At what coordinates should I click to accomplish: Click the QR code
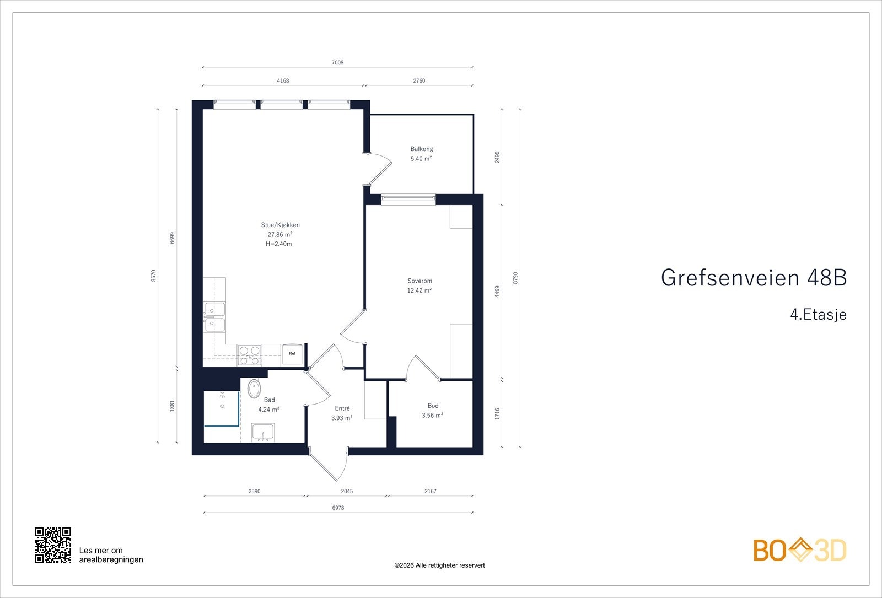[53, 545]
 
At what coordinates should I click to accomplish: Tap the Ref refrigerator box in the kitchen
[292, 354]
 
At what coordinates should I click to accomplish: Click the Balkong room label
[421, 149]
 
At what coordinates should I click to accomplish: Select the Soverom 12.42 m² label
[420, 285]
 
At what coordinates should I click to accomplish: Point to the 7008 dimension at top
[337, 63]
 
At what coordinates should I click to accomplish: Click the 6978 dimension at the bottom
[338, 508]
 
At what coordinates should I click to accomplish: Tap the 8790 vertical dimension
[515, 278]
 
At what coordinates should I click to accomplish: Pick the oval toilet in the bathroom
[254, 389]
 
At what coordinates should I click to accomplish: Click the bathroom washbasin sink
[263, 432]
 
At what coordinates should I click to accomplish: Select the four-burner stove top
[249, 355]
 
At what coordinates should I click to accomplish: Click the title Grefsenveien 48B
[754, 278]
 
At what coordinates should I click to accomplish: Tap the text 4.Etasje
[818, 315]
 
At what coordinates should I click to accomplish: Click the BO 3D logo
[800, 550]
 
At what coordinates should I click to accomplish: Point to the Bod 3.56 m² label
[433, 411]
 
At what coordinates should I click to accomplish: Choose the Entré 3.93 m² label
[342, 413]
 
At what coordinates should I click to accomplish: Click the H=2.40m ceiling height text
[278, 244]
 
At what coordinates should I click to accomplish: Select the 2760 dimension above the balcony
[419, 80]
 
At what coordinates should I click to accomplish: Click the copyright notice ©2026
[439, 565]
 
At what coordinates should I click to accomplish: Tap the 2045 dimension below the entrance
[347, 491]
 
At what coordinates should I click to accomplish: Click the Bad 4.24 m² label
[269, 405]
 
